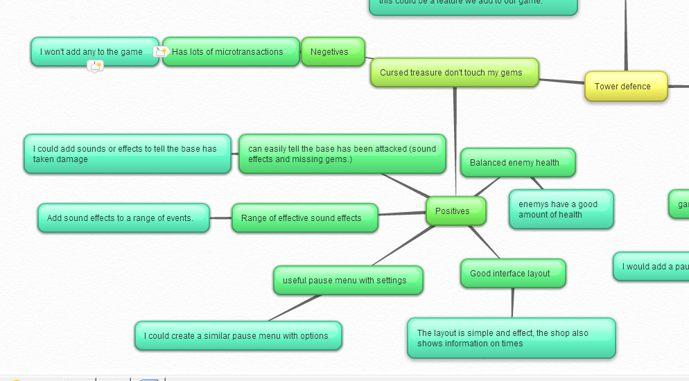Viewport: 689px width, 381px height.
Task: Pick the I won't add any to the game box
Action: (x=94, y=52)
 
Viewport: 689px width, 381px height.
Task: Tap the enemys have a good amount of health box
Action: (x=561, y=209)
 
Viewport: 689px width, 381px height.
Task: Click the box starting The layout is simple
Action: (x=511, y=338)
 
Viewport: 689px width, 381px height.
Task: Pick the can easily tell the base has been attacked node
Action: (x=342, y=154)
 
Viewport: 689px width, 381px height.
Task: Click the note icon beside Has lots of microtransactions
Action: (x=161, y=52)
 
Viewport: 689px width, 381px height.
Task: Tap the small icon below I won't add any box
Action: (x=95, y=66)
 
